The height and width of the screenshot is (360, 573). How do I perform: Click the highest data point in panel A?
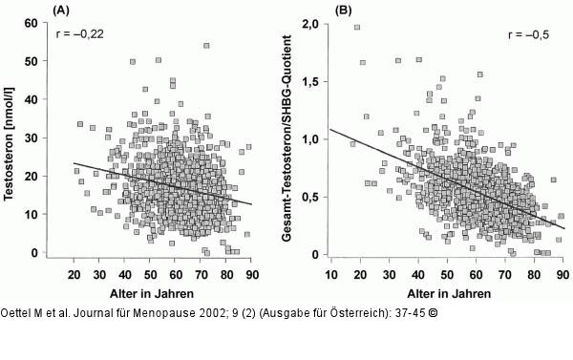tap(206, 45)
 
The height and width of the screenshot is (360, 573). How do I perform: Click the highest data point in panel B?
tap(357, 28)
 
